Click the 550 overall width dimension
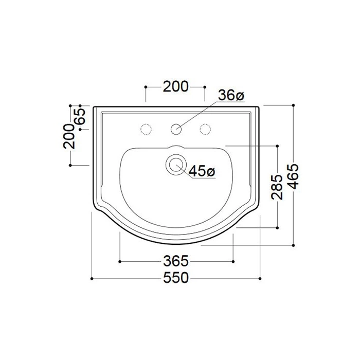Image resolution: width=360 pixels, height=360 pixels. click(x=176, y=278)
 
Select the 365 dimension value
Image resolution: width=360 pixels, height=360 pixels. click(x=176, y=261)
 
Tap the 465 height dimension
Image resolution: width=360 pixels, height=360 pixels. click(x=293, y=176)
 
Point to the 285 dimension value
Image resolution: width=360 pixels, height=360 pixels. click(x=277, y=187)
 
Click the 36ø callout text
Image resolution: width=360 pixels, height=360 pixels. click(x=231, y=95)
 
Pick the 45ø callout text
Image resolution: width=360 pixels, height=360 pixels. click(x=202, y=171)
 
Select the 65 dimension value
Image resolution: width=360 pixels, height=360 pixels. click(x=81, y=116)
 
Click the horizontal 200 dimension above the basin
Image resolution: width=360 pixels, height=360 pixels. click(x=176, y=87)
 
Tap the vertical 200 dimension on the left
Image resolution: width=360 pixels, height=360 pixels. click(x=69, y=136)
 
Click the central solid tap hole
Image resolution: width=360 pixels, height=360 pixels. click(x=176, y=129)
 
